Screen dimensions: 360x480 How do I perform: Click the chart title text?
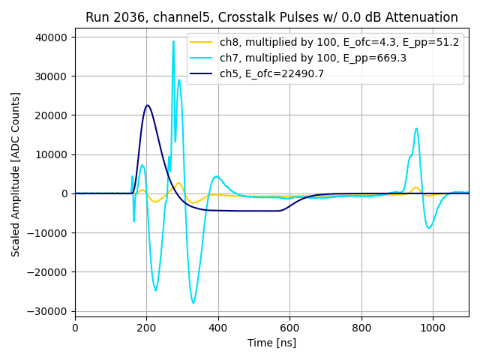coord(271,17)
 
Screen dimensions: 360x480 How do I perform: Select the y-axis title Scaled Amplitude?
coord(16,174)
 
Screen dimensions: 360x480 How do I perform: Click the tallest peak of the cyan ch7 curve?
coord(173,42)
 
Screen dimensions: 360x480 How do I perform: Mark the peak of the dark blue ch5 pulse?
coord(148,105)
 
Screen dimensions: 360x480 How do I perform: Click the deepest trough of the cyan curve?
coord(193,302)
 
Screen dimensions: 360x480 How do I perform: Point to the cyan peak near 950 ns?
coord(416,129)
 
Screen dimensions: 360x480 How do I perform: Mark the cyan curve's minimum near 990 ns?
coord(429,228)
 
